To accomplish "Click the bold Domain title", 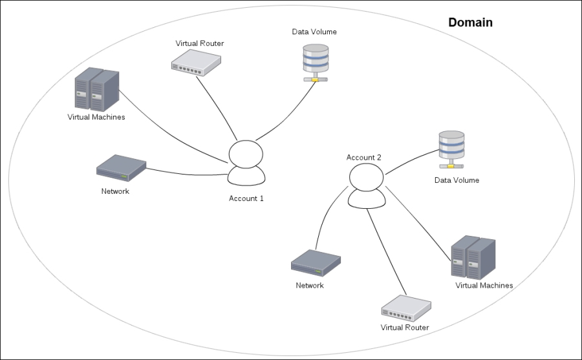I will click(470, 23).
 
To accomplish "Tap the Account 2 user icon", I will click(367, 185).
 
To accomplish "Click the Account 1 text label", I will click(246, 198).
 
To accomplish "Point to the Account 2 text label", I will click(364, 157).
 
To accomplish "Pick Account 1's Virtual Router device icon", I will click(196, 62).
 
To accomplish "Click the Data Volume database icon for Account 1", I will click(316, 61).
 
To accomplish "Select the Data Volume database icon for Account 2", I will click(451, 149).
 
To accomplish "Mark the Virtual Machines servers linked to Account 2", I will click(473, 258).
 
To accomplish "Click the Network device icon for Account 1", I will click(121, 168).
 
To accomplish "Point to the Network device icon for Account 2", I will click(316, 262).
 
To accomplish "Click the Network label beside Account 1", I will click(115, 191).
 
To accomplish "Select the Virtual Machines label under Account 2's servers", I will click(484, 285).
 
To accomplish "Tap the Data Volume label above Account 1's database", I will click(315, 32).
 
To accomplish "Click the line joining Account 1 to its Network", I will click(188, 173).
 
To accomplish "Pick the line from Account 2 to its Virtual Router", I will click(387, 252).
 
